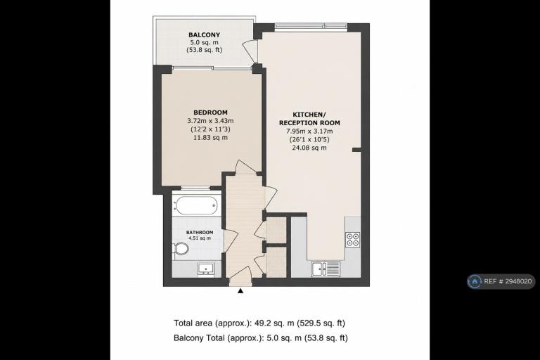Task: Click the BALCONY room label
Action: point(204,34)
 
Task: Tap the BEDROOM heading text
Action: point(210,112)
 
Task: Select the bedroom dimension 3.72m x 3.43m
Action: point(210,121)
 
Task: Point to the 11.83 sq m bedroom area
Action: point(210,138)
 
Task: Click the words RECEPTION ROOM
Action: point(309,122)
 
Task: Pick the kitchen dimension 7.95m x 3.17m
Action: point(309,131)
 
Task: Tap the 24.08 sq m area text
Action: point(309,148)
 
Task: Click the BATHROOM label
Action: point(200,233)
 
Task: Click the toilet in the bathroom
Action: point(181,249)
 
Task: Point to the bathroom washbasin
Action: point(206,269)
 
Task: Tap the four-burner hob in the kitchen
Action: point(353,240)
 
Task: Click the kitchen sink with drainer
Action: point(326,269)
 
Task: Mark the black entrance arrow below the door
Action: point(240,291)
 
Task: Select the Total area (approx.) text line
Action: point(259,323)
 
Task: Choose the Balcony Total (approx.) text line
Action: point(261,338)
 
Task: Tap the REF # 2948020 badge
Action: point(501,281)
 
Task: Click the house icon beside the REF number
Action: point(475,281)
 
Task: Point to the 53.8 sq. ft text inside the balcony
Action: point(204,50)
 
